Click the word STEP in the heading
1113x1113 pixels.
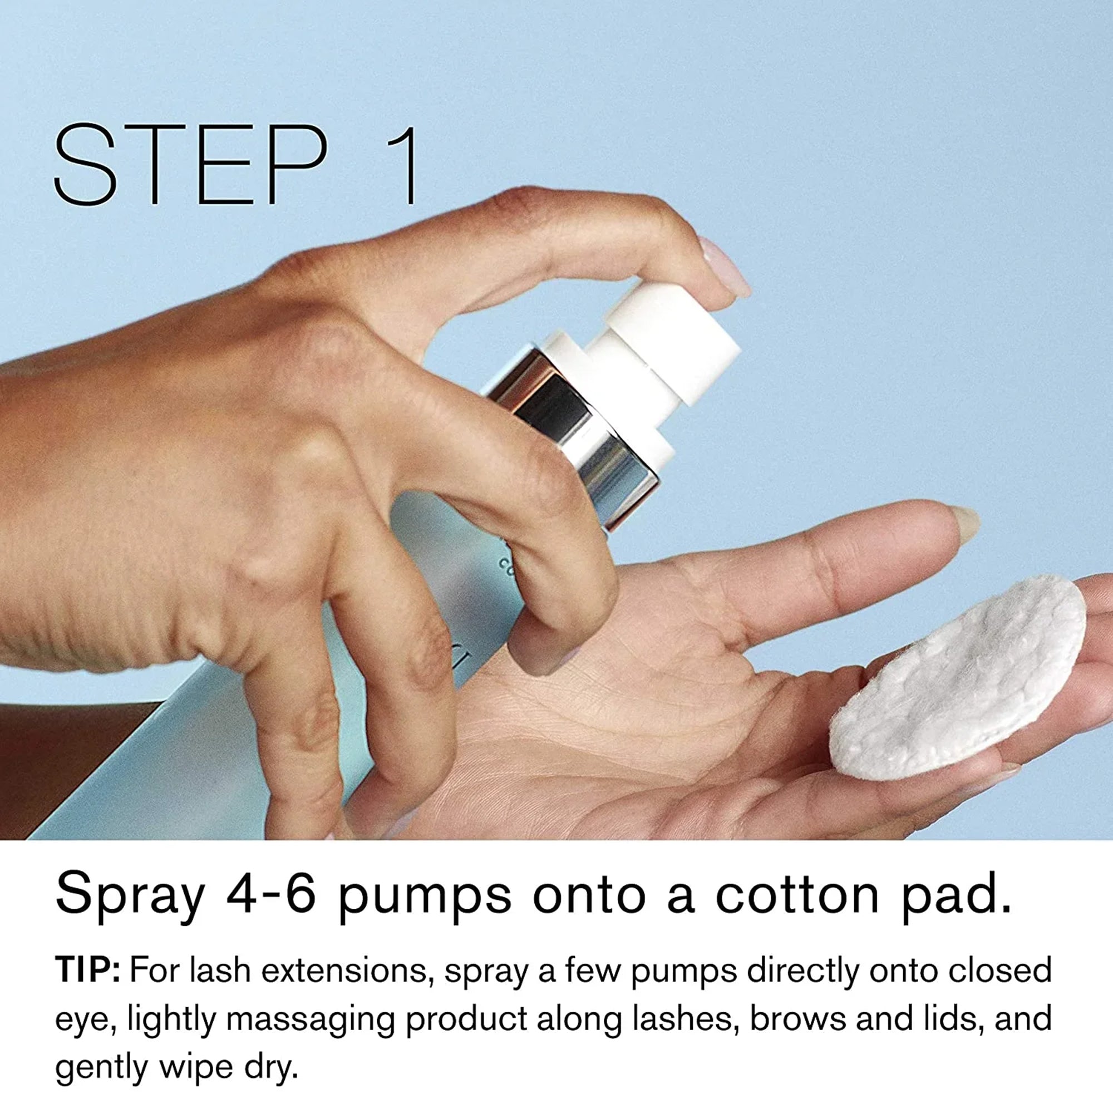191,164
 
